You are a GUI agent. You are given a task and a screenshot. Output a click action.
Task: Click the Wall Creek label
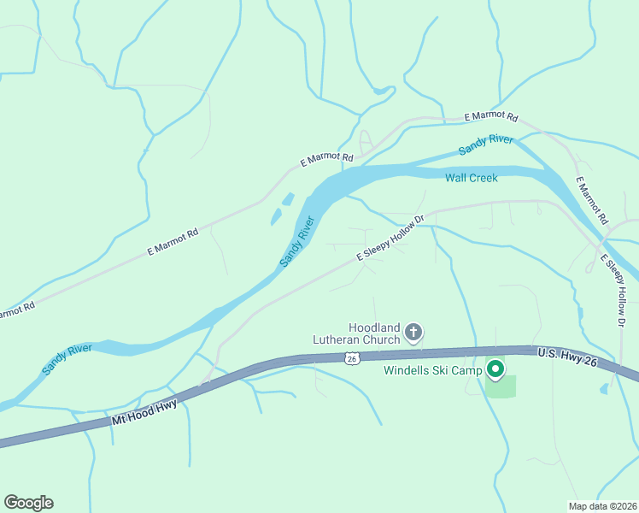pos(471,178)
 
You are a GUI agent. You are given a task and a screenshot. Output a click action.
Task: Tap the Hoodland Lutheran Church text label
pos(374,333)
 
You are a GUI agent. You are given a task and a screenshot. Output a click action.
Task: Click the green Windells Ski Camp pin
pos(495,369)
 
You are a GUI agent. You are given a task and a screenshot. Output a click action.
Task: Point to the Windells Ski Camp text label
pos(433,370)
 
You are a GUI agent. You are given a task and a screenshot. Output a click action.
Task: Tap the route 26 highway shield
pos(351,359)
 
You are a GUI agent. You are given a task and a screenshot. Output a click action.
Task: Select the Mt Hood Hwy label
pos(144,414)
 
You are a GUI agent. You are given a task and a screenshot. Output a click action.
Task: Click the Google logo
pos(28,503)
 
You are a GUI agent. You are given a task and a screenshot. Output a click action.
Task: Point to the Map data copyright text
pos(602,506)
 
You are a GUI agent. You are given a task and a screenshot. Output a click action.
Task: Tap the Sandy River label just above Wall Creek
pos(485,144)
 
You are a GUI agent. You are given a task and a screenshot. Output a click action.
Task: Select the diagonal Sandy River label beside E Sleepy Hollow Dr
pos(298,242)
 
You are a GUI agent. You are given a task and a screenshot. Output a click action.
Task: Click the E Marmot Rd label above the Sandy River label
pos(491,116)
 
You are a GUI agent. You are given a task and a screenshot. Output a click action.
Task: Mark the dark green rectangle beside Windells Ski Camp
pos(501,386)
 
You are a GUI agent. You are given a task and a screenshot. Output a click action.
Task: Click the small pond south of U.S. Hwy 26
pos(605,388)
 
